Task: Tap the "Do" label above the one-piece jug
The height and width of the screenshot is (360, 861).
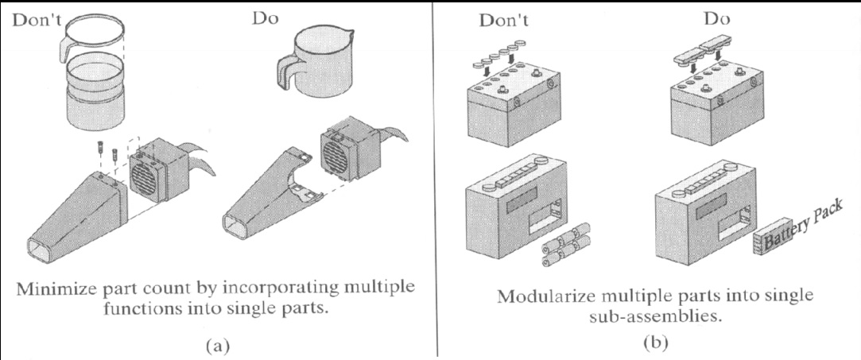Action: [x=266, y=17]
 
